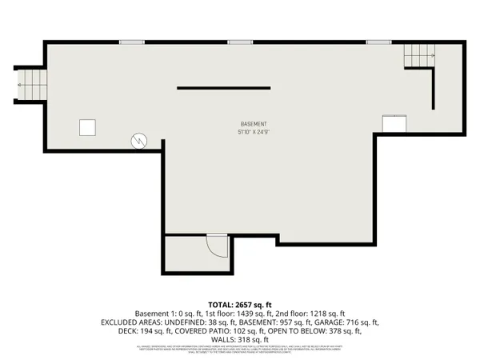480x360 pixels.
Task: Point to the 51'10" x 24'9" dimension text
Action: [x=254, y=132]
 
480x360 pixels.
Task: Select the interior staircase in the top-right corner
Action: [x=418, y=56]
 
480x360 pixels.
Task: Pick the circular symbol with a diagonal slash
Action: [x=140, y=141]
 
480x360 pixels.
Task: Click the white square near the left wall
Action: [x=87, y=127]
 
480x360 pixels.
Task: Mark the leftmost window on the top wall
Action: [x=132, y=42]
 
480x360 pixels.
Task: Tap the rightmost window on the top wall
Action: [x=378, y=42]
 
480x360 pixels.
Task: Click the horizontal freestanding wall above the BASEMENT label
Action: [x=222, y=87]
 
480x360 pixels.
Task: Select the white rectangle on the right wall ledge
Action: [x=393, y=124]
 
